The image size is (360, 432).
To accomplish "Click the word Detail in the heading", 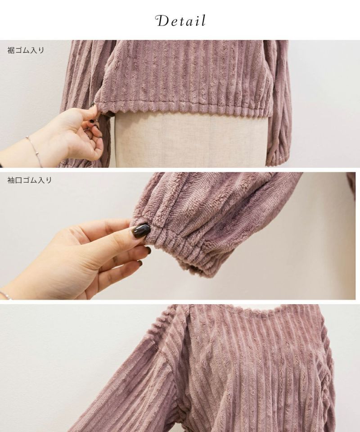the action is coord(181,21).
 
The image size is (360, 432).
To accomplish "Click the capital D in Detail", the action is coord(162,21).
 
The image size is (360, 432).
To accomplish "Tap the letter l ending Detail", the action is coord(203,21).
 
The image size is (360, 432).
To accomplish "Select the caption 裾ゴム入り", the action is coord(26,50).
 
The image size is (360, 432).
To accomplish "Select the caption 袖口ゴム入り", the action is coord(29,180).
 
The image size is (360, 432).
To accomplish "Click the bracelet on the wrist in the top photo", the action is coord(35,150).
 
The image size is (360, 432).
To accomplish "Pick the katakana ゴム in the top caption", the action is coord(22,50).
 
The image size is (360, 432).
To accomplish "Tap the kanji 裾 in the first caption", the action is coord(11,50).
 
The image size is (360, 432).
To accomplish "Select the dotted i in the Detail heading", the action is coord(198,22).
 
